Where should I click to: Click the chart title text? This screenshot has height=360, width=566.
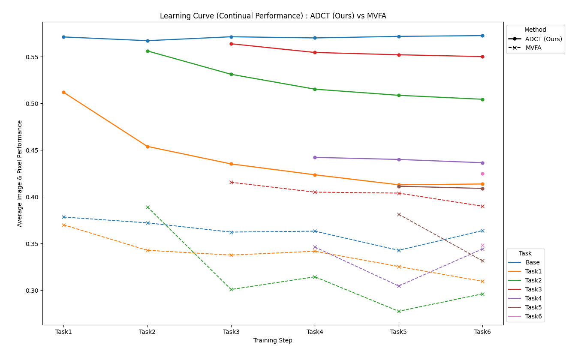click(x=273, y=16)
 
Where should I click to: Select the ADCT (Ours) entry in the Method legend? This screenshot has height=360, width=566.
click(x=543, y=39)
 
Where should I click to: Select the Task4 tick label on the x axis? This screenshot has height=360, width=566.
click(x=315, y=332)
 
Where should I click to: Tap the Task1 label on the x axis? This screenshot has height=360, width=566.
click(x=63, y=332)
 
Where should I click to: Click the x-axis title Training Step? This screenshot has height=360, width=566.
click(x=273, y=341)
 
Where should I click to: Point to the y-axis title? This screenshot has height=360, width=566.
click(x=20, y=173)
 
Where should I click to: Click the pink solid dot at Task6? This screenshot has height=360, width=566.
click(x=482, y=174)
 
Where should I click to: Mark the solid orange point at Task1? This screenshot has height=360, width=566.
click(x=63, y=92)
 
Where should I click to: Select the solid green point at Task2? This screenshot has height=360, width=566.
click(x=148, y=51)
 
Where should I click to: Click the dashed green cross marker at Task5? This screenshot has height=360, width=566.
click(x=399, y=311)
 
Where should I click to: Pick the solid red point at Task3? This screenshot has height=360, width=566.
click(x=231, y=44)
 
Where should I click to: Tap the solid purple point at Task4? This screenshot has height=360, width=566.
click(x=315, y=157)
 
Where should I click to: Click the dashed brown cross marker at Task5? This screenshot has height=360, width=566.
click(x=399, y=214)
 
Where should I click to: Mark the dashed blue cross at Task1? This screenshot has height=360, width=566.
click(x=63, y=217)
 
